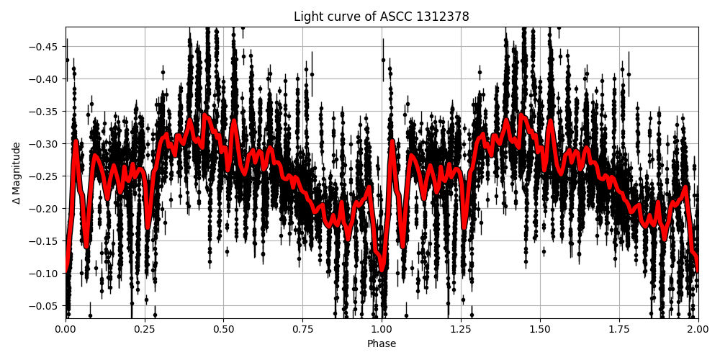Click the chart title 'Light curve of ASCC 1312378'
click(381, 17)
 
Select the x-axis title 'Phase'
click(381, 344)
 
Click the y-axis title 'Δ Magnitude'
click(17, 173)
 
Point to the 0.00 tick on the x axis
click(66, 330)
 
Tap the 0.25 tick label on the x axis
click(145, 330)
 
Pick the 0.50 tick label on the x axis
click(223, 330)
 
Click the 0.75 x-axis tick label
click(302, 330)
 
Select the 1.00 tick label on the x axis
click(382, 330)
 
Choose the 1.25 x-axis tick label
click(461, 330)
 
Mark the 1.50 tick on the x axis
click(540, 330)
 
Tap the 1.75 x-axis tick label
click(619, 330)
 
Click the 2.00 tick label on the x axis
click(698, 330)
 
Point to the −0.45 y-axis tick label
click(45, 47)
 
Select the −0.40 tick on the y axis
click(45, 79)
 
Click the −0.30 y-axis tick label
click(45, 144)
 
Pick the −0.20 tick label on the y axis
click(45, 209)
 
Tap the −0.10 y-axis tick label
click(45, 274)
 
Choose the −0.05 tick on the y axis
click(45, 306)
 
